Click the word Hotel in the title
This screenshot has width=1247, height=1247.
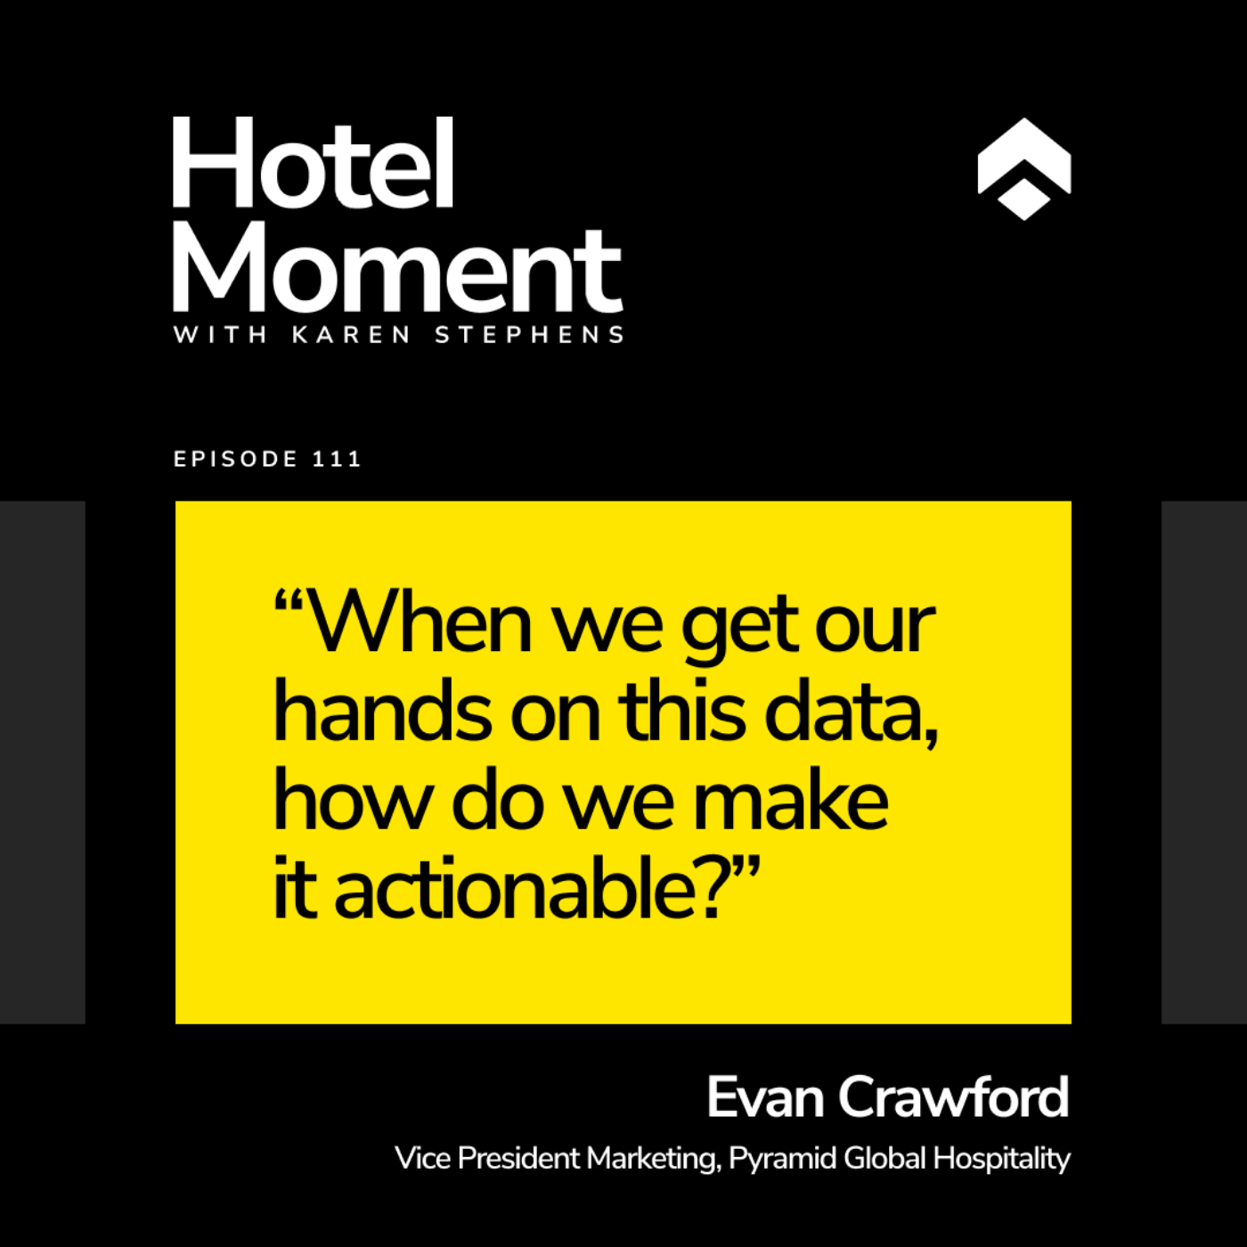(314, 162)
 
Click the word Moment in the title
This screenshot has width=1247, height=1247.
(398, 269)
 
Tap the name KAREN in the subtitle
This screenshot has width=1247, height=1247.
(351, 335)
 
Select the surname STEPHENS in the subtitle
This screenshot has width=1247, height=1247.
(529, 335)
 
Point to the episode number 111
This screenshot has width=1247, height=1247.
(337, 459)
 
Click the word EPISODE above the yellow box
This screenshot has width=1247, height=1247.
(235, 459)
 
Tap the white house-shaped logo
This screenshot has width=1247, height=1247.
(1023, 169)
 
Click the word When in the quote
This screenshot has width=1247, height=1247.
(420, 623)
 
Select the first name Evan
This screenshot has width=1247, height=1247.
(765, 1097)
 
